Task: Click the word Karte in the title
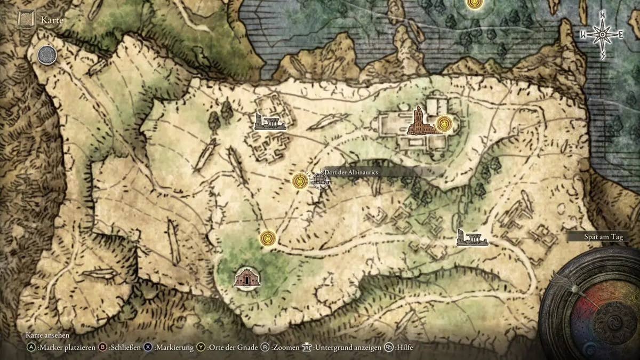pos(52,21)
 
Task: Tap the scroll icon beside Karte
pos(26,20)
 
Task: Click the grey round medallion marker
pos(47,55)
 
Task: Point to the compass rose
pos(602,35)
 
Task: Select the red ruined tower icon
pos(420,121)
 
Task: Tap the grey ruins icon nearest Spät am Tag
pos(472,238)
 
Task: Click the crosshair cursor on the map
pos(319,180)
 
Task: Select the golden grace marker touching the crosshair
pos(301,181)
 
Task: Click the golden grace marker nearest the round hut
pos(267,238)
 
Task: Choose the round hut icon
pos(247,277)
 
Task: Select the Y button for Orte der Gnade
pos(201,347)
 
